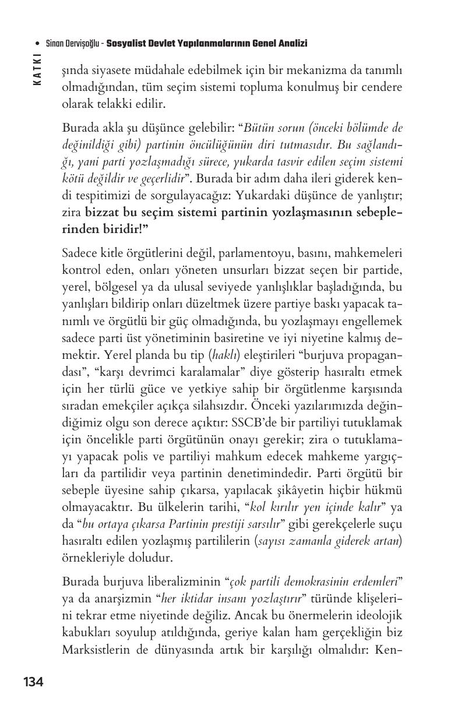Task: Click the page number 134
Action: (x=33, y=681)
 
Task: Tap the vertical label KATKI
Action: (x=37, y=69)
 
